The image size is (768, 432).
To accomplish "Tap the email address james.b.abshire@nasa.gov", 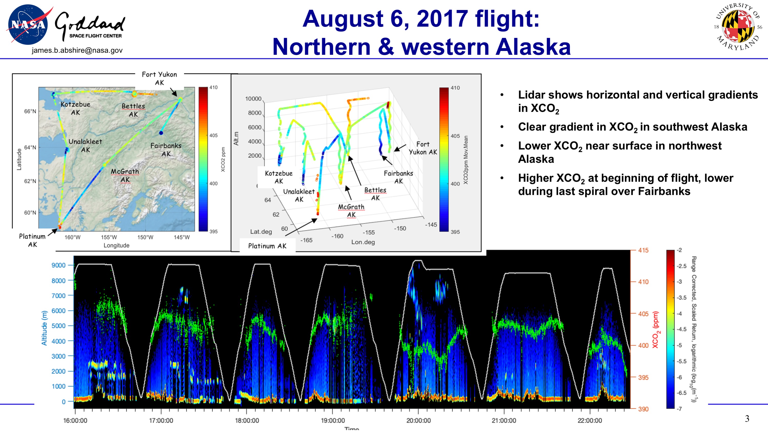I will pos(77,50).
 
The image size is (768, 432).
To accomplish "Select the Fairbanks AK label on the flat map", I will pos(166,150).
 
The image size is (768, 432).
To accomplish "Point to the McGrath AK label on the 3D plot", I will pos(351,210).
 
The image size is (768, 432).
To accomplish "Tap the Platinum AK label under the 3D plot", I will pos(267,246).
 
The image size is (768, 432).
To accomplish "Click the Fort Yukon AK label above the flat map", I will pos(159,78).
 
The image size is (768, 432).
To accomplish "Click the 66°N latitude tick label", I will pos(30,111).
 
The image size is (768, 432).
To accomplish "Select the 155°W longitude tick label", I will pos(109,237).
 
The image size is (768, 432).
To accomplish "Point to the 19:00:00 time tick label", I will pos(333,420).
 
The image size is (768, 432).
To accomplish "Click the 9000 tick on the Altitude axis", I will pos(58,265).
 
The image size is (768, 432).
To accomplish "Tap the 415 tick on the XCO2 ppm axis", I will pos(643,250).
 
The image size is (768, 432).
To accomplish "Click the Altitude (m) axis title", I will pos(44,328).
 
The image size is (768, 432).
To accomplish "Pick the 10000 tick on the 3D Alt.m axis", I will pos(253,99).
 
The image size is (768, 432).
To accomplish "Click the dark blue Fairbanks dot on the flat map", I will pos(161,133).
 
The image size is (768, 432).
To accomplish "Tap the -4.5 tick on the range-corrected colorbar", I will pos(681,329).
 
